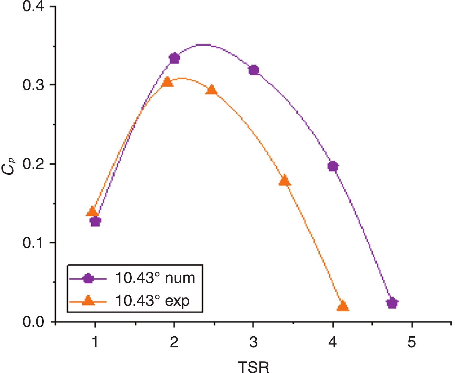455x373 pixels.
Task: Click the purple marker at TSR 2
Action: (x=174, y=58)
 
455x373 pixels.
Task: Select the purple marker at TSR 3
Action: (x=254, y=70)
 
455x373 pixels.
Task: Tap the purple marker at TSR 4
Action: (x=333, y=166)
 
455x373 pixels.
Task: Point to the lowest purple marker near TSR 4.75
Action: (x=392, y=303)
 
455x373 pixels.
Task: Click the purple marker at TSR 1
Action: (x=96, y=221)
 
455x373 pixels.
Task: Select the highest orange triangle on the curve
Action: (x=167, y=82)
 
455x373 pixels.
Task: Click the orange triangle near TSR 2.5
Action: (x=212, y=90)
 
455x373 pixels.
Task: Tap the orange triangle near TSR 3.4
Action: (x=285, y=181)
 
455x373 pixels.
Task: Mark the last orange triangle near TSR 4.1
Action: (x=343, y=306)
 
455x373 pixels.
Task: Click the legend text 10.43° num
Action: (x=155, y=278)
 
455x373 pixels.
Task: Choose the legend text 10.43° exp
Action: (x=152, y=300)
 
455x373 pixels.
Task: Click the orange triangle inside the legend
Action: (x=88, y=301)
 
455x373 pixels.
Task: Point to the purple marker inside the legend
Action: (x=88, y=278)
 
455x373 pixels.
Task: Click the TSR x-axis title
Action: (x=253, y=367)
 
